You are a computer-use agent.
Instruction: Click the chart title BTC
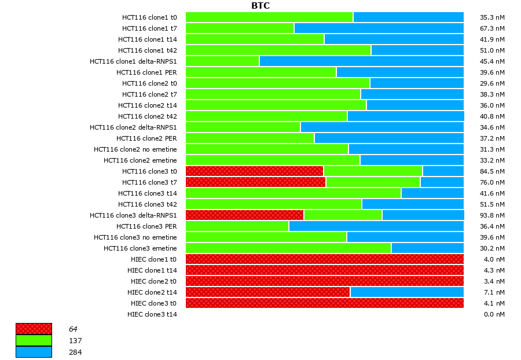point(260,6)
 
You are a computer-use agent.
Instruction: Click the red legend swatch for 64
point(34,329)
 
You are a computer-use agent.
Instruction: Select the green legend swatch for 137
point(34,340)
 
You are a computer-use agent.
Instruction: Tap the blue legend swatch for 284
point(34,352)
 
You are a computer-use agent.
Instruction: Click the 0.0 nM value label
point(494,314)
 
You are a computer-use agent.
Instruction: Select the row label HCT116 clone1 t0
point(149,17)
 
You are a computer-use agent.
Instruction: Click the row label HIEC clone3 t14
point(152,314)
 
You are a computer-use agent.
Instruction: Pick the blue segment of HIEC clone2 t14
point(407,292)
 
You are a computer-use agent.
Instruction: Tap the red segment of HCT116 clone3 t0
point(254,171)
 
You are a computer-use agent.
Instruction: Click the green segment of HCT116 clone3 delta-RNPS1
point(343,215)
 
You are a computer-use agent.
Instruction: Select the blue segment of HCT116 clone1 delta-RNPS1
point(361,61)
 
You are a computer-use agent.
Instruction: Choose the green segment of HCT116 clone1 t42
point(278,50)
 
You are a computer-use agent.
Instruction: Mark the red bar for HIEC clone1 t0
point(324,259)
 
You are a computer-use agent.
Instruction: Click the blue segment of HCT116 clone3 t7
point(442,182)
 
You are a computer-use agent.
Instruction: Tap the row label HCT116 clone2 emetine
point(140,160)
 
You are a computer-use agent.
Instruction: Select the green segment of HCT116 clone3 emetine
point(288,248)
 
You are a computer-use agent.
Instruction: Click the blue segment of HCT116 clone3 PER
point(376,226)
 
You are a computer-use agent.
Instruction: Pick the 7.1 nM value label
point(494,292)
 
